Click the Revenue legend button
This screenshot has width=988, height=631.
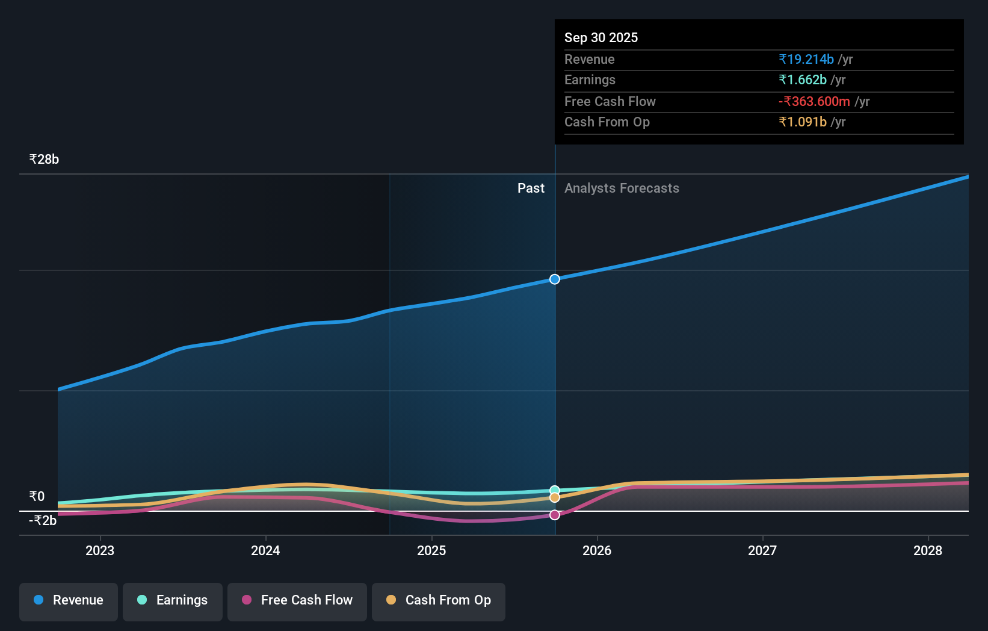(69, 600)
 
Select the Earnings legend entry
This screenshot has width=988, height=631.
(173, 600)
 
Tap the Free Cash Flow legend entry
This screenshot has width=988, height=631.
(297, 600)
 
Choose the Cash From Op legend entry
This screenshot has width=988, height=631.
(439, 600)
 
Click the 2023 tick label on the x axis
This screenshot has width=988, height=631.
(100, 551)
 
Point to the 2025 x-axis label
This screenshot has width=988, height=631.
(431, 551)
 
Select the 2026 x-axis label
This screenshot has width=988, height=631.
(597, 551)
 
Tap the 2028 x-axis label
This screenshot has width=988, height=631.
(927, 551)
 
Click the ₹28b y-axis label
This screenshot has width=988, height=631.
(44, 160)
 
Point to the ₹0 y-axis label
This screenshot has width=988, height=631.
(37, 497)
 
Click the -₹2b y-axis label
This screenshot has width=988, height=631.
(43, 521)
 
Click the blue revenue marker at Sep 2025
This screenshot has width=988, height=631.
(555, 279)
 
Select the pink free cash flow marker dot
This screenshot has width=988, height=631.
(555, 515)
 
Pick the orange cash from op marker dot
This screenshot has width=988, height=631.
(555, 498)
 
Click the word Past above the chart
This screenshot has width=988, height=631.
(531, 188)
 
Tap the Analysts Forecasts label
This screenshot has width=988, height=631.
(622, 188)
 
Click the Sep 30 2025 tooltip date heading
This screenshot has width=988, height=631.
(601, 38)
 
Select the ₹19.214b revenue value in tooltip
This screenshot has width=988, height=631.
(806, 60)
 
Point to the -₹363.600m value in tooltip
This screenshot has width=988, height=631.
(814, 102)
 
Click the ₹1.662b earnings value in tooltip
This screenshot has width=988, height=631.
(803, 80)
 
